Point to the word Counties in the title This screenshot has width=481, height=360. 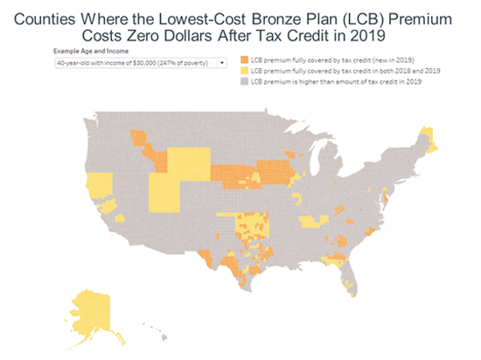(50, 17)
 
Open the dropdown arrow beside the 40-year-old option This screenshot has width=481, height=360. (222, 63)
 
